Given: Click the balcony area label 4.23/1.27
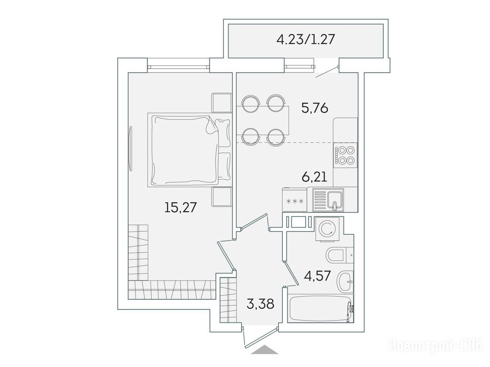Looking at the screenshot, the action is tap(306, 40).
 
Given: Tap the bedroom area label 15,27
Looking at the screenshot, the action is tap(180, 207).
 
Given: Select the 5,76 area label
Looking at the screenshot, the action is tap(315, 108).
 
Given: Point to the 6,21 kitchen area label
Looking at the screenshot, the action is tap(314, 177).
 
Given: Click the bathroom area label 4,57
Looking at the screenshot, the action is tap(317, 276).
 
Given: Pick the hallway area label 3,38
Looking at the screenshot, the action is tap(260, 303).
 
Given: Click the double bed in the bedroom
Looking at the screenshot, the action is tap(189, 150).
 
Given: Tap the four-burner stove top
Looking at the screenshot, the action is tap(345, 155).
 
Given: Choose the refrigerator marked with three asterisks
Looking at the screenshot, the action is tap(295, 200).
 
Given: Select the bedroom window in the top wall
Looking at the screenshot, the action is tap(178, 66).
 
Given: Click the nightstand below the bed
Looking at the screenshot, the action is tap(222, 196).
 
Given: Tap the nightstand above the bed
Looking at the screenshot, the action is tap(222, 103).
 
